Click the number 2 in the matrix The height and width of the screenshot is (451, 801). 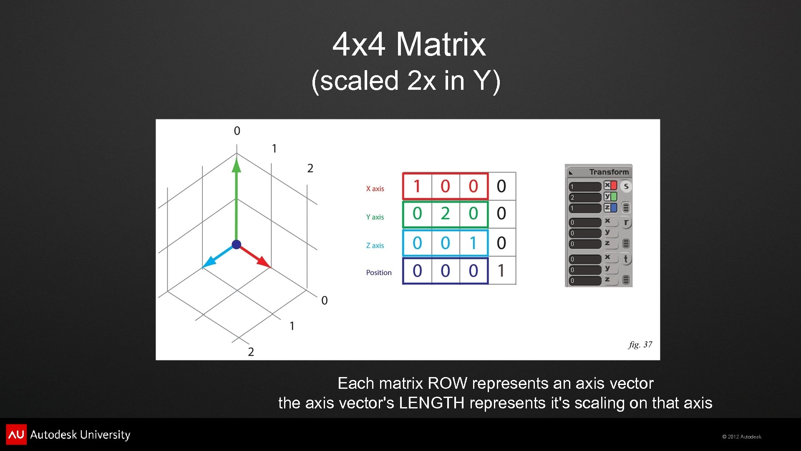[445, 214]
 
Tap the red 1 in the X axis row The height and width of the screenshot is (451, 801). [417, 186]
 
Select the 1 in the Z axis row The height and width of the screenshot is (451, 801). [473, 243]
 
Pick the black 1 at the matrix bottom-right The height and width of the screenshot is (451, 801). [501, 271]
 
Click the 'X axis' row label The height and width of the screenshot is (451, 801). [375, 189]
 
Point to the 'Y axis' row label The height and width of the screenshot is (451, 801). [375, 217]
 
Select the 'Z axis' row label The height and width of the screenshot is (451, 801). [375, 246]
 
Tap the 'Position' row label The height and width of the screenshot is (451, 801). [378, 273]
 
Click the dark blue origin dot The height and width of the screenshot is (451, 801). [237, 244]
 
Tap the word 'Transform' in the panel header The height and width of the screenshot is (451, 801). [609, 172]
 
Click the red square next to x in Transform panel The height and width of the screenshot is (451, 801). [614, 185]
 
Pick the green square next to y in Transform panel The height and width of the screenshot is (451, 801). [614, 196]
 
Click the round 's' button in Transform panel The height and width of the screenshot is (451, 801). [626, 186]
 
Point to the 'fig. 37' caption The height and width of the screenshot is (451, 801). [640, 345]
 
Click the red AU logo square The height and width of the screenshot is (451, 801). [16, 435]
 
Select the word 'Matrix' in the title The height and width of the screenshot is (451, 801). [441, 44]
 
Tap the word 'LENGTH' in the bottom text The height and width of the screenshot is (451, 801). [431, 403]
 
